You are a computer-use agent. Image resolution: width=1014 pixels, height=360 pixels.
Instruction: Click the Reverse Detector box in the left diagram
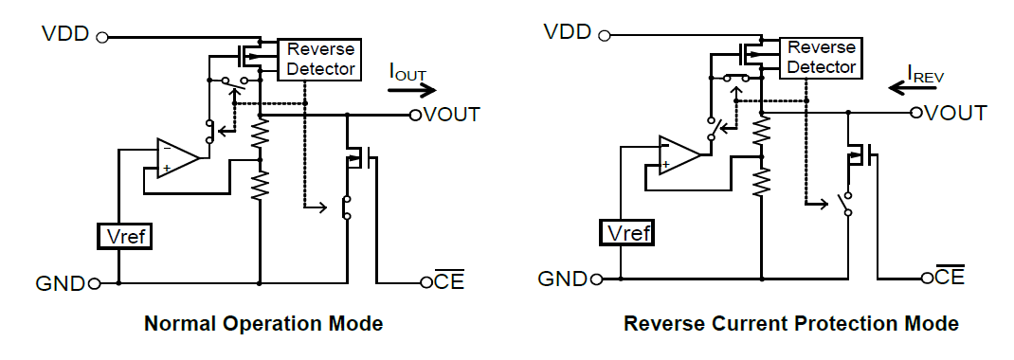[319, 59]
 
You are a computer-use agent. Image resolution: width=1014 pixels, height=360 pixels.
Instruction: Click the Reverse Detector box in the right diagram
[821, 57]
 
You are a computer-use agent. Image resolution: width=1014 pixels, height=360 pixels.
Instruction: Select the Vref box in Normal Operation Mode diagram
[125, 236]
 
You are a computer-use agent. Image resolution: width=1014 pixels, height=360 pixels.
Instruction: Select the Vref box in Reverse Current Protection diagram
[626, 231]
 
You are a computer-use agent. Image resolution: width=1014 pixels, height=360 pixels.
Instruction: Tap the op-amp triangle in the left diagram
[177, 157]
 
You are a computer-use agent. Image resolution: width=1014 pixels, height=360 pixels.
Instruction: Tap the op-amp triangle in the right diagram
[679, 154]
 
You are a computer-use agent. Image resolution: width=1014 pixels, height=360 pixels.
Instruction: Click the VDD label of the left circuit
[65, 35]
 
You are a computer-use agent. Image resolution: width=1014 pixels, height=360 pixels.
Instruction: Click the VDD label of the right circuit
[567, 32]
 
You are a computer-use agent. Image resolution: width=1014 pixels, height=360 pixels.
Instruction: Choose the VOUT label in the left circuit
[451, 115]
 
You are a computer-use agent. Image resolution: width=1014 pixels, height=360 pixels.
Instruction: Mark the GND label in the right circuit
[561, 279]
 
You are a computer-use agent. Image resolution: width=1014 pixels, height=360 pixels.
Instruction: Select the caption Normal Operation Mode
[263, 324]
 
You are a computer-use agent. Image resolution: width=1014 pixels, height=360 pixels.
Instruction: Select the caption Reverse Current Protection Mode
[790, 324]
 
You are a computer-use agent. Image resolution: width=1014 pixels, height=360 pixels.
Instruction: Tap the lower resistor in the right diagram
[760, 180]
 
